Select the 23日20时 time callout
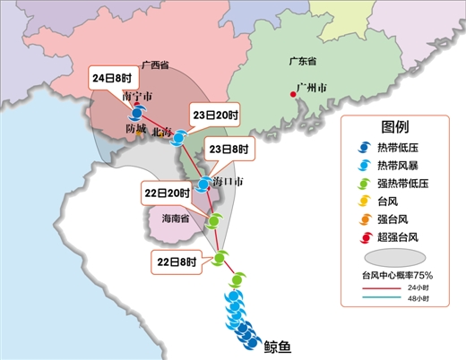coord(214,115)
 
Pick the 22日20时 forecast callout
coord(166,193)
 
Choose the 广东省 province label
coord(305,62)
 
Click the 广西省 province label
coord(156,66)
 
